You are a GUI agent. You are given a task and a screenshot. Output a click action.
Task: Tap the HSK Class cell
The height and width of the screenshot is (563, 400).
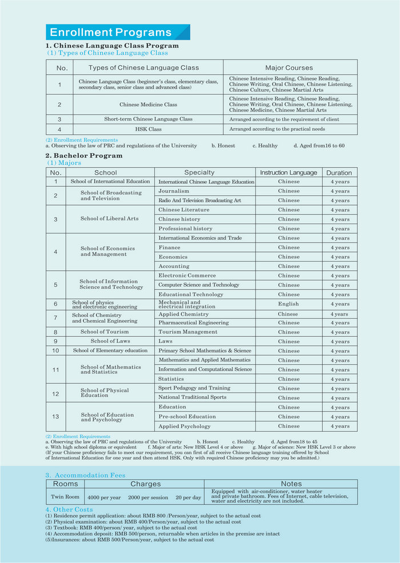point(148,130)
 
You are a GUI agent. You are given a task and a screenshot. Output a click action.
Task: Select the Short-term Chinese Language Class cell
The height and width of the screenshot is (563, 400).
point(148,119)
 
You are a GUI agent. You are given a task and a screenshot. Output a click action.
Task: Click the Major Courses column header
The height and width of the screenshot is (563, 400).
point(290,67)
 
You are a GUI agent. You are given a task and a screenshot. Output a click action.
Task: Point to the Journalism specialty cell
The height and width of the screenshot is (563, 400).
point(174,191)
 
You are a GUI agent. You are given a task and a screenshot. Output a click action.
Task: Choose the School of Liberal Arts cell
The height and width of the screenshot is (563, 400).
point(110,219)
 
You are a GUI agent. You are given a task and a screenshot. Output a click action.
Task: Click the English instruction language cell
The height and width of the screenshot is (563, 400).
point(289,304)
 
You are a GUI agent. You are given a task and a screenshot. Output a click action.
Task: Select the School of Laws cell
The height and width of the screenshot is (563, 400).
point(110,341)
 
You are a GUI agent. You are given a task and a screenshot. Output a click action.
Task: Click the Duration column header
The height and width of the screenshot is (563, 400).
point(339,172)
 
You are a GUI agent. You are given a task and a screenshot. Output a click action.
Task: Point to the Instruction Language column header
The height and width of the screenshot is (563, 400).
point(289,172)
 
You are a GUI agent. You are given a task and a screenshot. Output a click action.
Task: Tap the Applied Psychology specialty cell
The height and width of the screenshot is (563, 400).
point(185,426)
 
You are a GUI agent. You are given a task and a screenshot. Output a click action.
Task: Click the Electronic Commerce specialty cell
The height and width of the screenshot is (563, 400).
point(187,275)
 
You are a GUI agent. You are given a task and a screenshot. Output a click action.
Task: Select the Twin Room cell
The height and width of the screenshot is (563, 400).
point(65,497)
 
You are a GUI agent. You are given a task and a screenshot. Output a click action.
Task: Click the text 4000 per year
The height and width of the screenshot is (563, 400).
point(104,498)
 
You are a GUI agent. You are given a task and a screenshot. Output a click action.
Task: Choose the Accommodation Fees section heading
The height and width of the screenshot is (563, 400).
point(86,475)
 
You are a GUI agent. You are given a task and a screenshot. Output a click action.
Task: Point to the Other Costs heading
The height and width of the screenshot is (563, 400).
point(69,509)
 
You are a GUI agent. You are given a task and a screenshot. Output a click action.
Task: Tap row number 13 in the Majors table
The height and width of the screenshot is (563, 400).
point(55,417)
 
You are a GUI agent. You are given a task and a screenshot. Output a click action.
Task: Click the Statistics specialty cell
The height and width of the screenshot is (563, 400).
point(171,379)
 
